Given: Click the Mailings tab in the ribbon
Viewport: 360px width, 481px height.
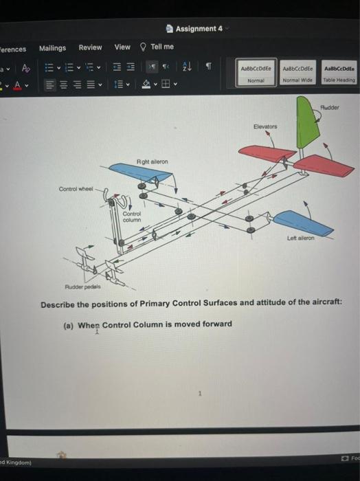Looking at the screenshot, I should point(52,47).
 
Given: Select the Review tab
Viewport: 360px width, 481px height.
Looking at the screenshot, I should point(90,47).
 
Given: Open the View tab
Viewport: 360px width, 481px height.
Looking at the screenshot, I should point(122,47).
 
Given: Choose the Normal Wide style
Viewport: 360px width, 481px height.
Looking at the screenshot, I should point(298,74).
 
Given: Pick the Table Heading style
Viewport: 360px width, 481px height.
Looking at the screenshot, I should point(339,74).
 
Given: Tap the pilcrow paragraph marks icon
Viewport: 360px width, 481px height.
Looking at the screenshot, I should point(208,67).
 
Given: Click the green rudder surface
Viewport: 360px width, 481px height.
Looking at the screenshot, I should point(306,123).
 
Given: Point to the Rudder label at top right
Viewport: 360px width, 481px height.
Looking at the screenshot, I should point(339,108).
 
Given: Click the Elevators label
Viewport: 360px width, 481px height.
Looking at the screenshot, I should point(265,127).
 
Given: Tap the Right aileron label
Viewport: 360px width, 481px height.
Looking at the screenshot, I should point(153,161).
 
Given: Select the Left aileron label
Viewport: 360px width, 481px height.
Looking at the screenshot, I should point(300,238).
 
